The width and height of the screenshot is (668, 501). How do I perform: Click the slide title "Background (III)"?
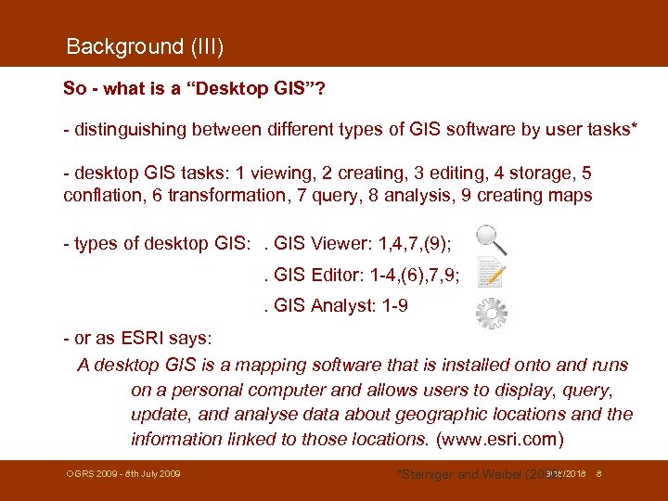pyautogui.click(x=145, y=46)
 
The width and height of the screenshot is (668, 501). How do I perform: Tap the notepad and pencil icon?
pyautogui.click(x=490, y=274)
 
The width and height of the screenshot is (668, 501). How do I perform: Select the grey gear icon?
pyautogui.click(x=491, y=315)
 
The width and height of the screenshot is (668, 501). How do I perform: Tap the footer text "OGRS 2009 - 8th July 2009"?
pyautogui.click(x=122, y=474)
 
